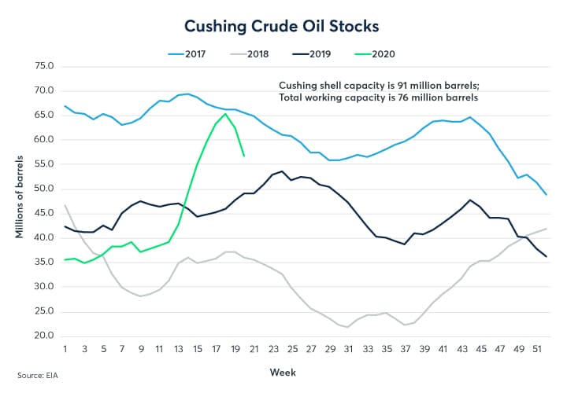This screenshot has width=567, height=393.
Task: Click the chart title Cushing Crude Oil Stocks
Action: (282, 26)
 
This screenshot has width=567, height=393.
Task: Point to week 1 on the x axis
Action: (65, 348)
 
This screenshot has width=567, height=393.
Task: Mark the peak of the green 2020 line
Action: (226, 114)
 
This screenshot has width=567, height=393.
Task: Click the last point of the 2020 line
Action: (244, 156)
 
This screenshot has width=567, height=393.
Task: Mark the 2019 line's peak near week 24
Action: (281, 171)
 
